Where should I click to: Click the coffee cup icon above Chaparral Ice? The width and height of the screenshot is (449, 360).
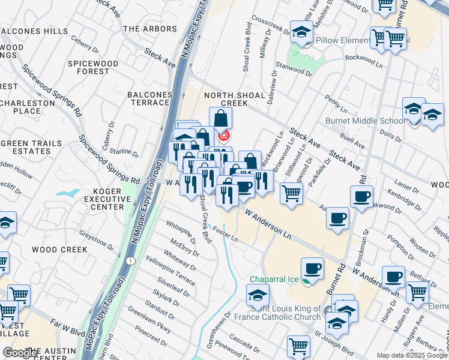[312, 268]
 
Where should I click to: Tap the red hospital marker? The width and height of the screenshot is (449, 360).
[224, 136]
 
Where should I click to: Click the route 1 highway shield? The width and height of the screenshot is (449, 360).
[130, 260]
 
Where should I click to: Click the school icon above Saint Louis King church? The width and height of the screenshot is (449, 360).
[258, 295]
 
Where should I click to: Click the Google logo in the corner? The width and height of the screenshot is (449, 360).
[21, 353]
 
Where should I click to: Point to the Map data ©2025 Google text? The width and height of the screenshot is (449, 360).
[411, 355]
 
